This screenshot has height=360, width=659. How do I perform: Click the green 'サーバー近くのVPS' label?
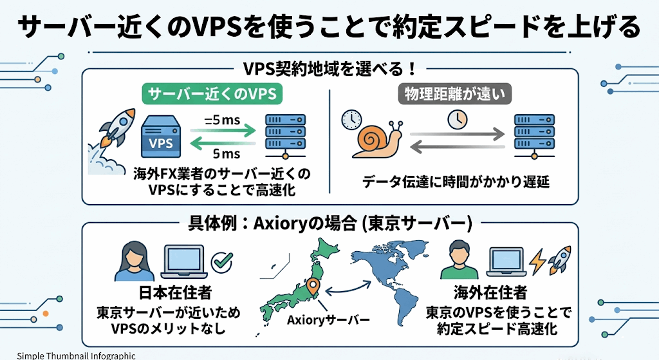(212, 95)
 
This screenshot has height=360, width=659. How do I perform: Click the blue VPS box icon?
(160, 136)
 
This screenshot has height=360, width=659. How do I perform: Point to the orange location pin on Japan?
(313, 287)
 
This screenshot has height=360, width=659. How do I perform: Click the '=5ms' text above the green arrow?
(221, 119)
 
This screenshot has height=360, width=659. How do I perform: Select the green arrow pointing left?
(222, 143)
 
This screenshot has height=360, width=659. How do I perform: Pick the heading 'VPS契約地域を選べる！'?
(329, 68)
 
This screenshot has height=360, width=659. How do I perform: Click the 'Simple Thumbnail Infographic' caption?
(68, 355)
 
